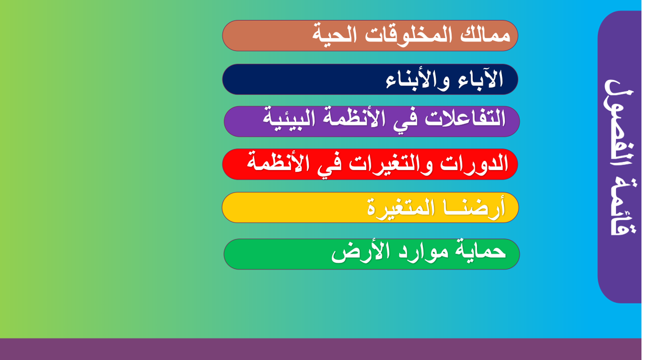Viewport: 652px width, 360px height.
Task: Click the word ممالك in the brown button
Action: point(485,35)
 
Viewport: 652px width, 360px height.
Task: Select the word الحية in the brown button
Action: point(334,34)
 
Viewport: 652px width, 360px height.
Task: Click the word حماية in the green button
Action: point(480,250)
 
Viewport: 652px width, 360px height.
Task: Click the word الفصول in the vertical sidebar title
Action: point(619,122)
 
